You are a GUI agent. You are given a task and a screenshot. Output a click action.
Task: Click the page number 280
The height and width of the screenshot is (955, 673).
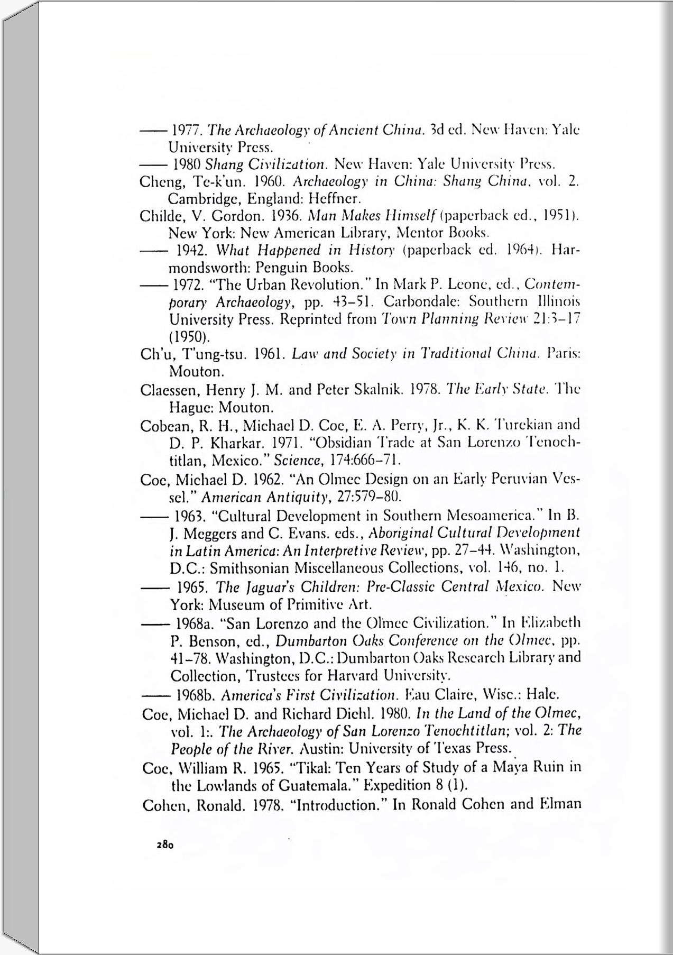coord(165,844)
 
